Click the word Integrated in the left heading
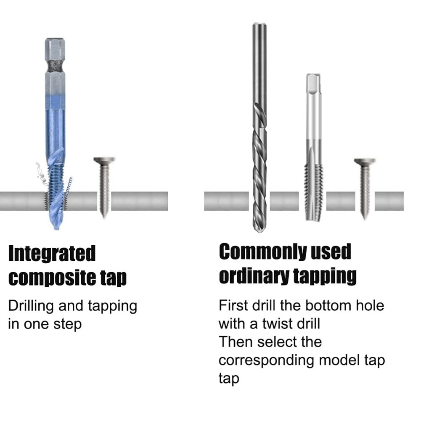[52, 254]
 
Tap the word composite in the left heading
[52, 278]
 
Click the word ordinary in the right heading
[254, 276]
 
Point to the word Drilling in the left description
[31, 306]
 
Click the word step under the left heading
[67, 325]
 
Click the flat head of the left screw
[104, 160]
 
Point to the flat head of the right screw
[365, 162]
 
